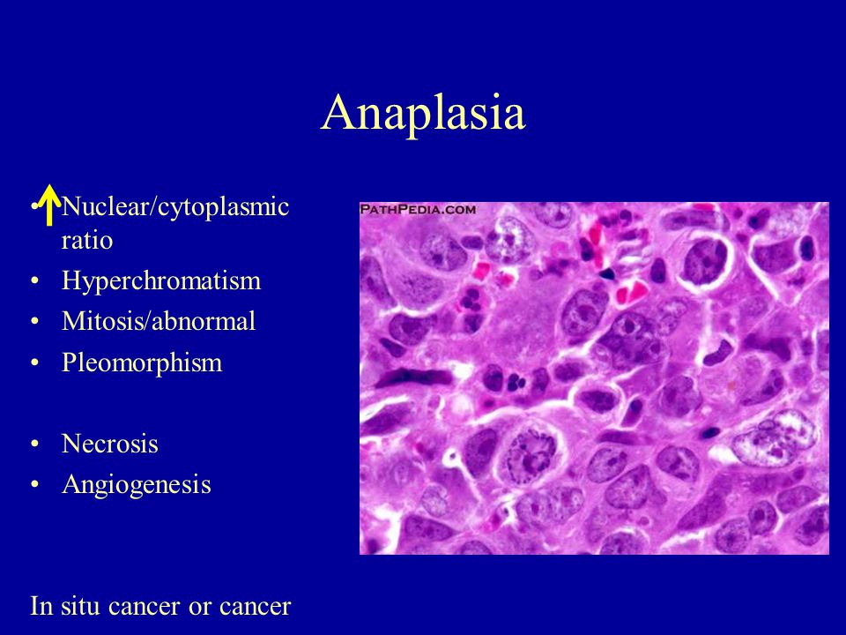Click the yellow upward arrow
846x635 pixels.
point(49,205)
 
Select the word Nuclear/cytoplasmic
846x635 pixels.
point(175,207)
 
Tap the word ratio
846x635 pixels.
point(87,240)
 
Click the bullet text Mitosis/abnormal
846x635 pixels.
point(159,321)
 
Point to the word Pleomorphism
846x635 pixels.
point(142,362)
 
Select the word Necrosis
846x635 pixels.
point(109,444)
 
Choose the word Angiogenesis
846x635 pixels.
point(136,485)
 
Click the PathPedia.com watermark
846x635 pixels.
point(418,210)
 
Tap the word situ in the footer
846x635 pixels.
point(80,606)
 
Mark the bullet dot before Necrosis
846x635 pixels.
point(35,444)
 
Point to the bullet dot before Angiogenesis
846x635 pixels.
point(35,485)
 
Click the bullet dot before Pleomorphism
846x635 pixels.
point(35,363)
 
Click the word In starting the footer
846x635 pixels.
point(41,606)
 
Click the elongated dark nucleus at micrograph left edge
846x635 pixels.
point(412,377)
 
